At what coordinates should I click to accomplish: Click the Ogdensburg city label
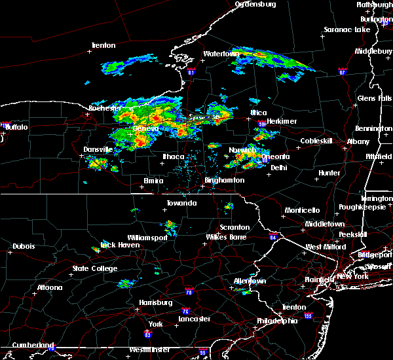[x=256, y=4]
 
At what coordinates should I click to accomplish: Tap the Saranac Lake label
[x=347, y=30]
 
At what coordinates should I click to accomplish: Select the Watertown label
[x=219, y=54]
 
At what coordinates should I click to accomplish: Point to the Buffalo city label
[x=16, y=127]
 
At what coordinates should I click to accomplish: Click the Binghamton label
[x=224, y=180]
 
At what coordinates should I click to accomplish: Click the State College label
[x=95, y=269]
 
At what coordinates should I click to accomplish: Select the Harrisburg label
[x=156, y=302]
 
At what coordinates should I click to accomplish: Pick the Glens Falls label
[x=375, y=98]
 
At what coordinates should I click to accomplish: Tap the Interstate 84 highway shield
[x=272, y=237]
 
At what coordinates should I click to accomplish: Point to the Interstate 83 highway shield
[x=148, y=334]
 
